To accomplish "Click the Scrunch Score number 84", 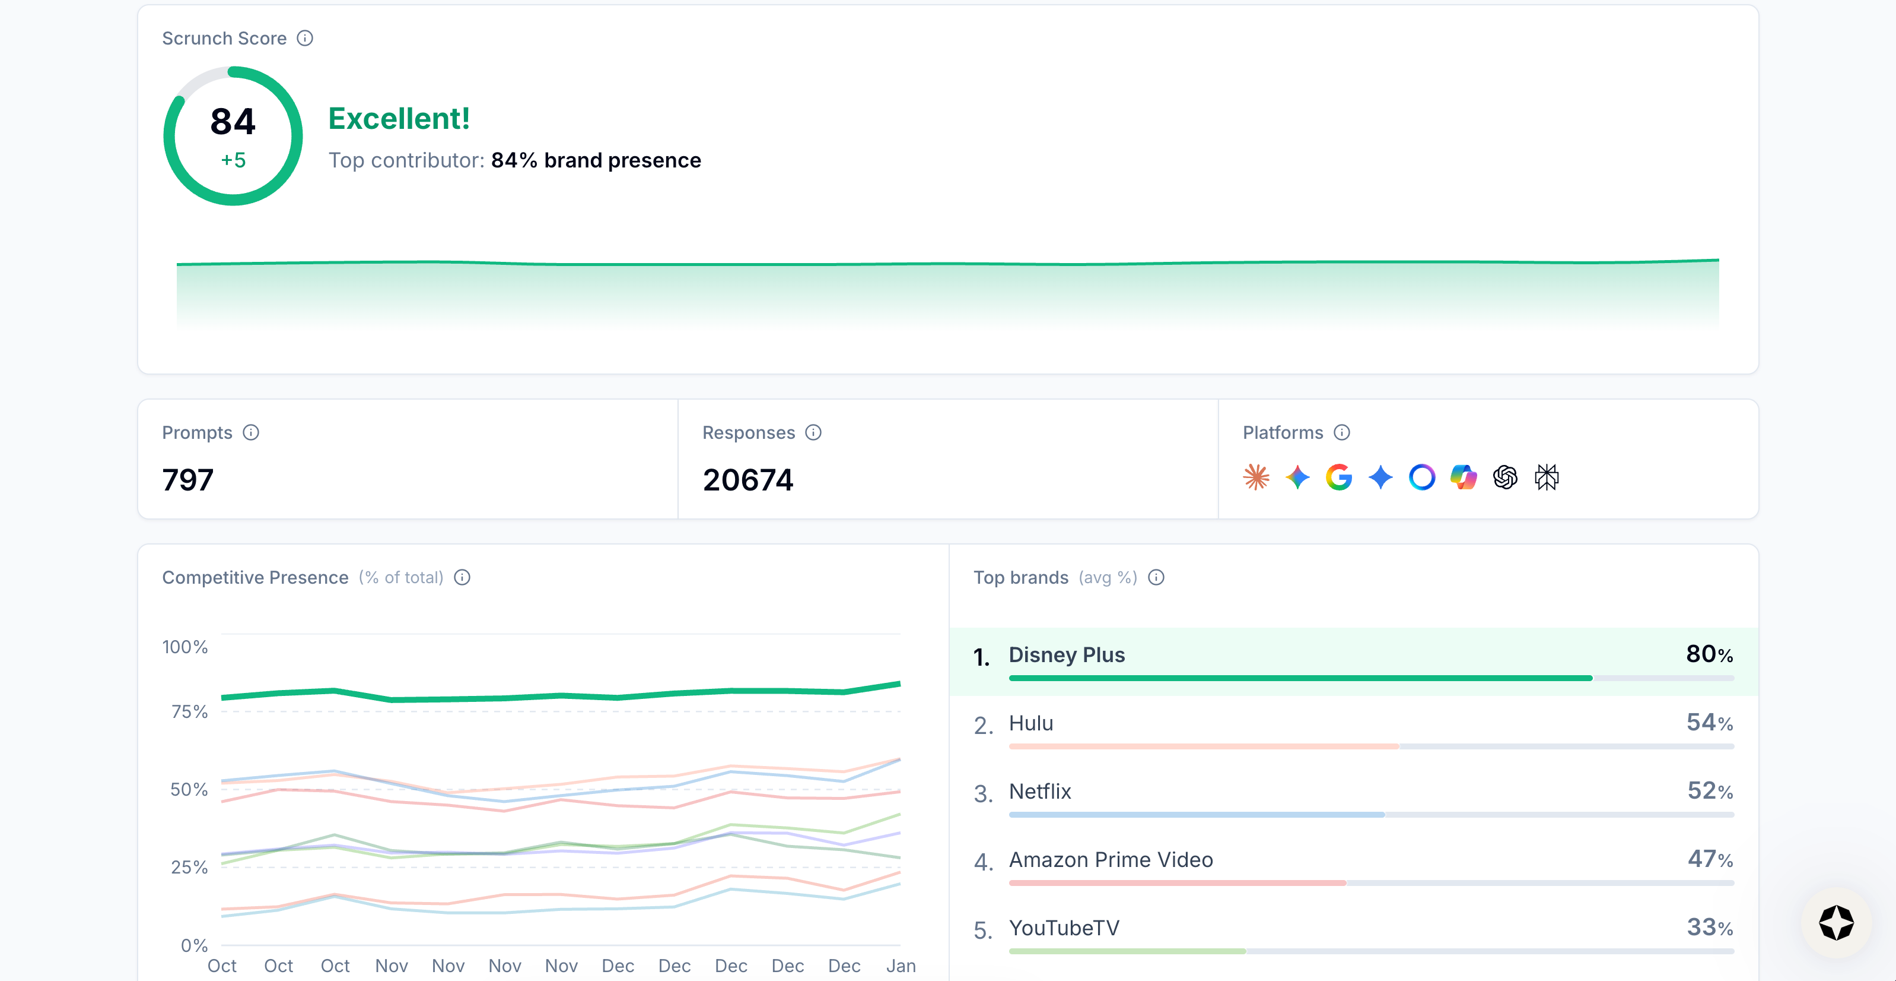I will (x=233, y=122).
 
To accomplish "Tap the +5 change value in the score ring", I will (x=233, y=160).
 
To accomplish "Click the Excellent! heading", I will (x=398, y=119).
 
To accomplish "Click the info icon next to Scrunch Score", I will (x=305, y=38).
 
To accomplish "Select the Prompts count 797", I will (x=187, y=479).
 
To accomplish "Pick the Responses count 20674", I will (x=748, y=479).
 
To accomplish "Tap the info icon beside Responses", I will (x=813, y=432).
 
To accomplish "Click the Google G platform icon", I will (x=1338, y=477).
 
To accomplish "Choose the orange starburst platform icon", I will (x=1256, y=477).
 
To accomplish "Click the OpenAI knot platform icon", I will (x=1504, y=477).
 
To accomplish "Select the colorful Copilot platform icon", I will (x=1463, y=477).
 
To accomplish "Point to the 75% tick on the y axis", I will (x=189, y=711).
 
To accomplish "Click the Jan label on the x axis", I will (x=900, y=966).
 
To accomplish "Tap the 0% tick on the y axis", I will (x=195, y=945).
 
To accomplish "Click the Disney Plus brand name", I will (x=1066, y=655).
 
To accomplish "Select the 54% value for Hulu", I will (x=1709, y=723).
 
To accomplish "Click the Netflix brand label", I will (x=1039, y=791).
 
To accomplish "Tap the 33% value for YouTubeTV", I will (x=1709, y=927).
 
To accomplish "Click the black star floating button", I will (x=1835, y=923).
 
